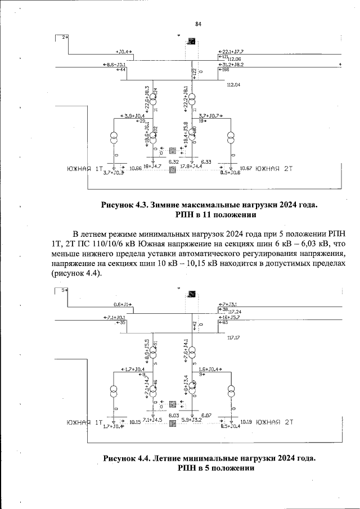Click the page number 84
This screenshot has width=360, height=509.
click(198, 24)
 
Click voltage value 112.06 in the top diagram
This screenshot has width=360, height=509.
click(234, 59)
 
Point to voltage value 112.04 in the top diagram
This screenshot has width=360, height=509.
click(233, 85)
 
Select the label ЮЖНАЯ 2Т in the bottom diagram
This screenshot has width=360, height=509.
click(274, 421)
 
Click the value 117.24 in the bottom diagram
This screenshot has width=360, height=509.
click(235, 312)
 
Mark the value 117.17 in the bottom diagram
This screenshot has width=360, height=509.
click(233, 337)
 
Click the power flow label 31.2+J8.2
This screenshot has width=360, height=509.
click(229, 65)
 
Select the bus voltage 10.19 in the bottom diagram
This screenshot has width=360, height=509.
click(247, 421)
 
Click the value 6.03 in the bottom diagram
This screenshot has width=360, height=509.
click(173, 415)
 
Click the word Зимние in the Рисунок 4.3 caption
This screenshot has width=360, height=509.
click(169, 205)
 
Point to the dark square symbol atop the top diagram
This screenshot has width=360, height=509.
click(192, 41)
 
